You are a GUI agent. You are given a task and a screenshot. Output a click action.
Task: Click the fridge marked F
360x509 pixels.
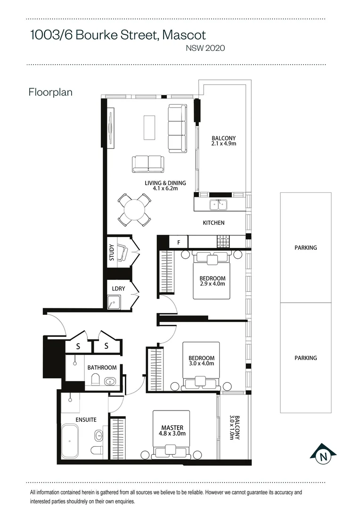[179, 243]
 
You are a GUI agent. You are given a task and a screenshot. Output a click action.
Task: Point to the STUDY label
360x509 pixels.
[112, 253]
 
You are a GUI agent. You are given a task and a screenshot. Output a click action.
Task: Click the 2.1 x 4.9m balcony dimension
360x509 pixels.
[224, 144]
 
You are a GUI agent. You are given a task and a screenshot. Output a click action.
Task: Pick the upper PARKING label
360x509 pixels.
[305, 247]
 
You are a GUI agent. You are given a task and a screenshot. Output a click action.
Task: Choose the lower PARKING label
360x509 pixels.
[305, 358]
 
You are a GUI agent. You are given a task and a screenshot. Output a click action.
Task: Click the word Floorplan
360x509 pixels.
[50, 92]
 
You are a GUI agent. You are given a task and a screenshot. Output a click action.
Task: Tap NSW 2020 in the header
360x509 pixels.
[206, 48]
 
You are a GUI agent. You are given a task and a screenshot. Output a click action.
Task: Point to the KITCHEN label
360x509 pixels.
[213, 223]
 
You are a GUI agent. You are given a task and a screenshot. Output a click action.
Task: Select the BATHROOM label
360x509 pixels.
[102, 368]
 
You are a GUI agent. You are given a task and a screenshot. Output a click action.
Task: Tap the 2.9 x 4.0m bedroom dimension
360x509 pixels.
[212, 284]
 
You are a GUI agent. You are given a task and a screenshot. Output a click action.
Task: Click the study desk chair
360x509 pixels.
[122, 253]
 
